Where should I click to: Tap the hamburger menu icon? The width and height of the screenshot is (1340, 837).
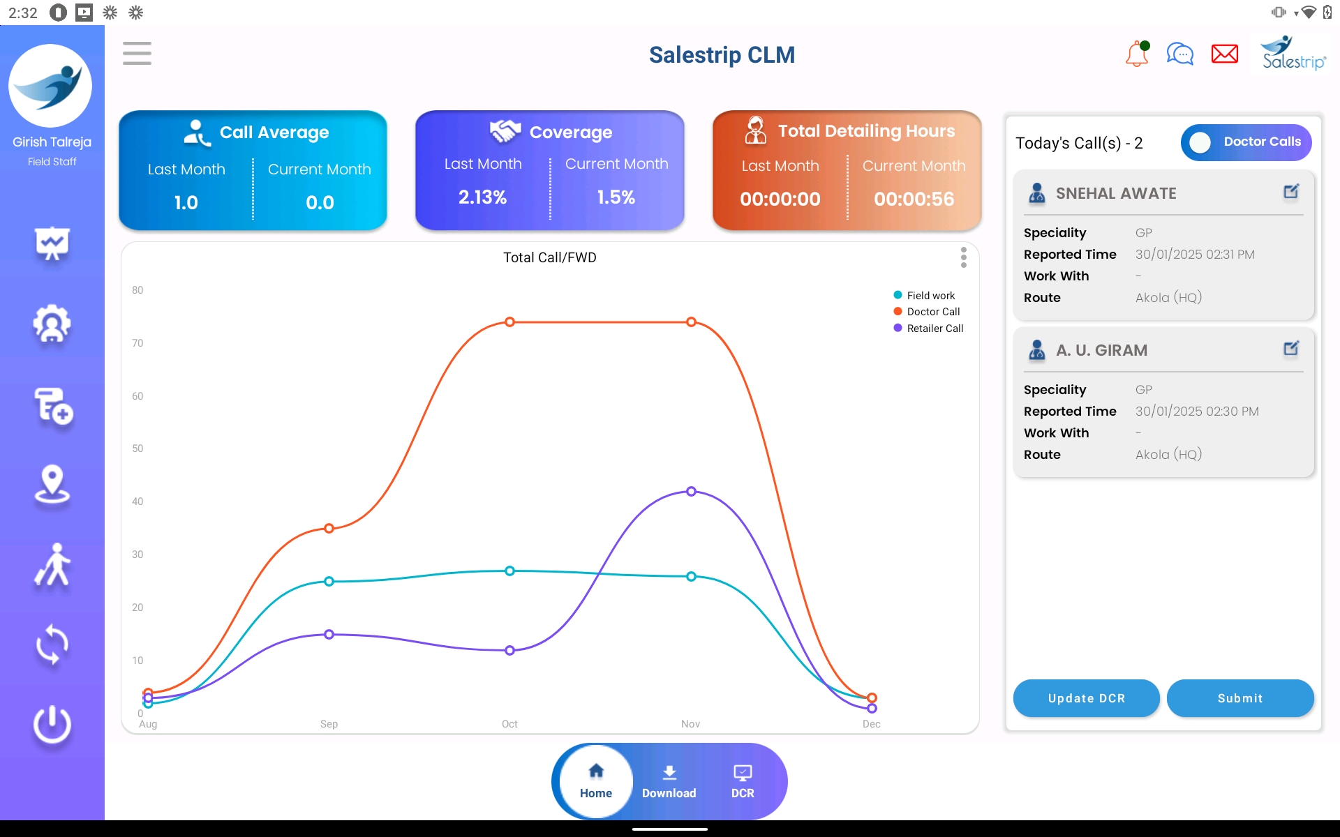pos(137,54)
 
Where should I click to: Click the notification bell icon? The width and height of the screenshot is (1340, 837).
pos(1137,54)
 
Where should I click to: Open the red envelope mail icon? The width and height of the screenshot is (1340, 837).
pos(1224,54)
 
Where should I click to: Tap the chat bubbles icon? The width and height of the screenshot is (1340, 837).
pos(1180,54)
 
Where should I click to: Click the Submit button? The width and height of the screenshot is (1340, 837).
pos(1239,698)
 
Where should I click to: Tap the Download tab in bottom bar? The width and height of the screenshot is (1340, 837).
pos(669,781)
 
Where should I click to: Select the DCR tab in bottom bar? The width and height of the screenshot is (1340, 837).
pos(742,781)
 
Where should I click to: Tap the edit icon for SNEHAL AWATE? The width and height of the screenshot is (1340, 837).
pos(1291,191)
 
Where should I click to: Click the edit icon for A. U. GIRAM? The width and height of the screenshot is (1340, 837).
pos(1291,348)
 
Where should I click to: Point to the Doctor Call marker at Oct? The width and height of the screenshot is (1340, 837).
pos(510,322)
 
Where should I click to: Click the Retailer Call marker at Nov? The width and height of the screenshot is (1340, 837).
pos(691,491)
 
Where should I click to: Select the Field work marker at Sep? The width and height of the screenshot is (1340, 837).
pos(329,581)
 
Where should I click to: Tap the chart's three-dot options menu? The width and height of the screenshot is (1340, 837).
pos(963,257)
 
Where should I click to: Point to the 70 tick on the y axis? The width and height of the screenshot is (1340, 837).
pos(137,343)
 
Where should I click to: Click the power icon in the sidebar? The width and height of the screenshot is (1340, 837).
pos(52,725)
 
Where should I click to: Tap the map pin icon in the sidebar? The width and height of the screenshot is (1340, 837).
pos(52,484)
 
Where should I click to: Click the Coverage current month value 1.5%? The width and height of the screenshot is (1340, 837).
pos(616,197)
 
